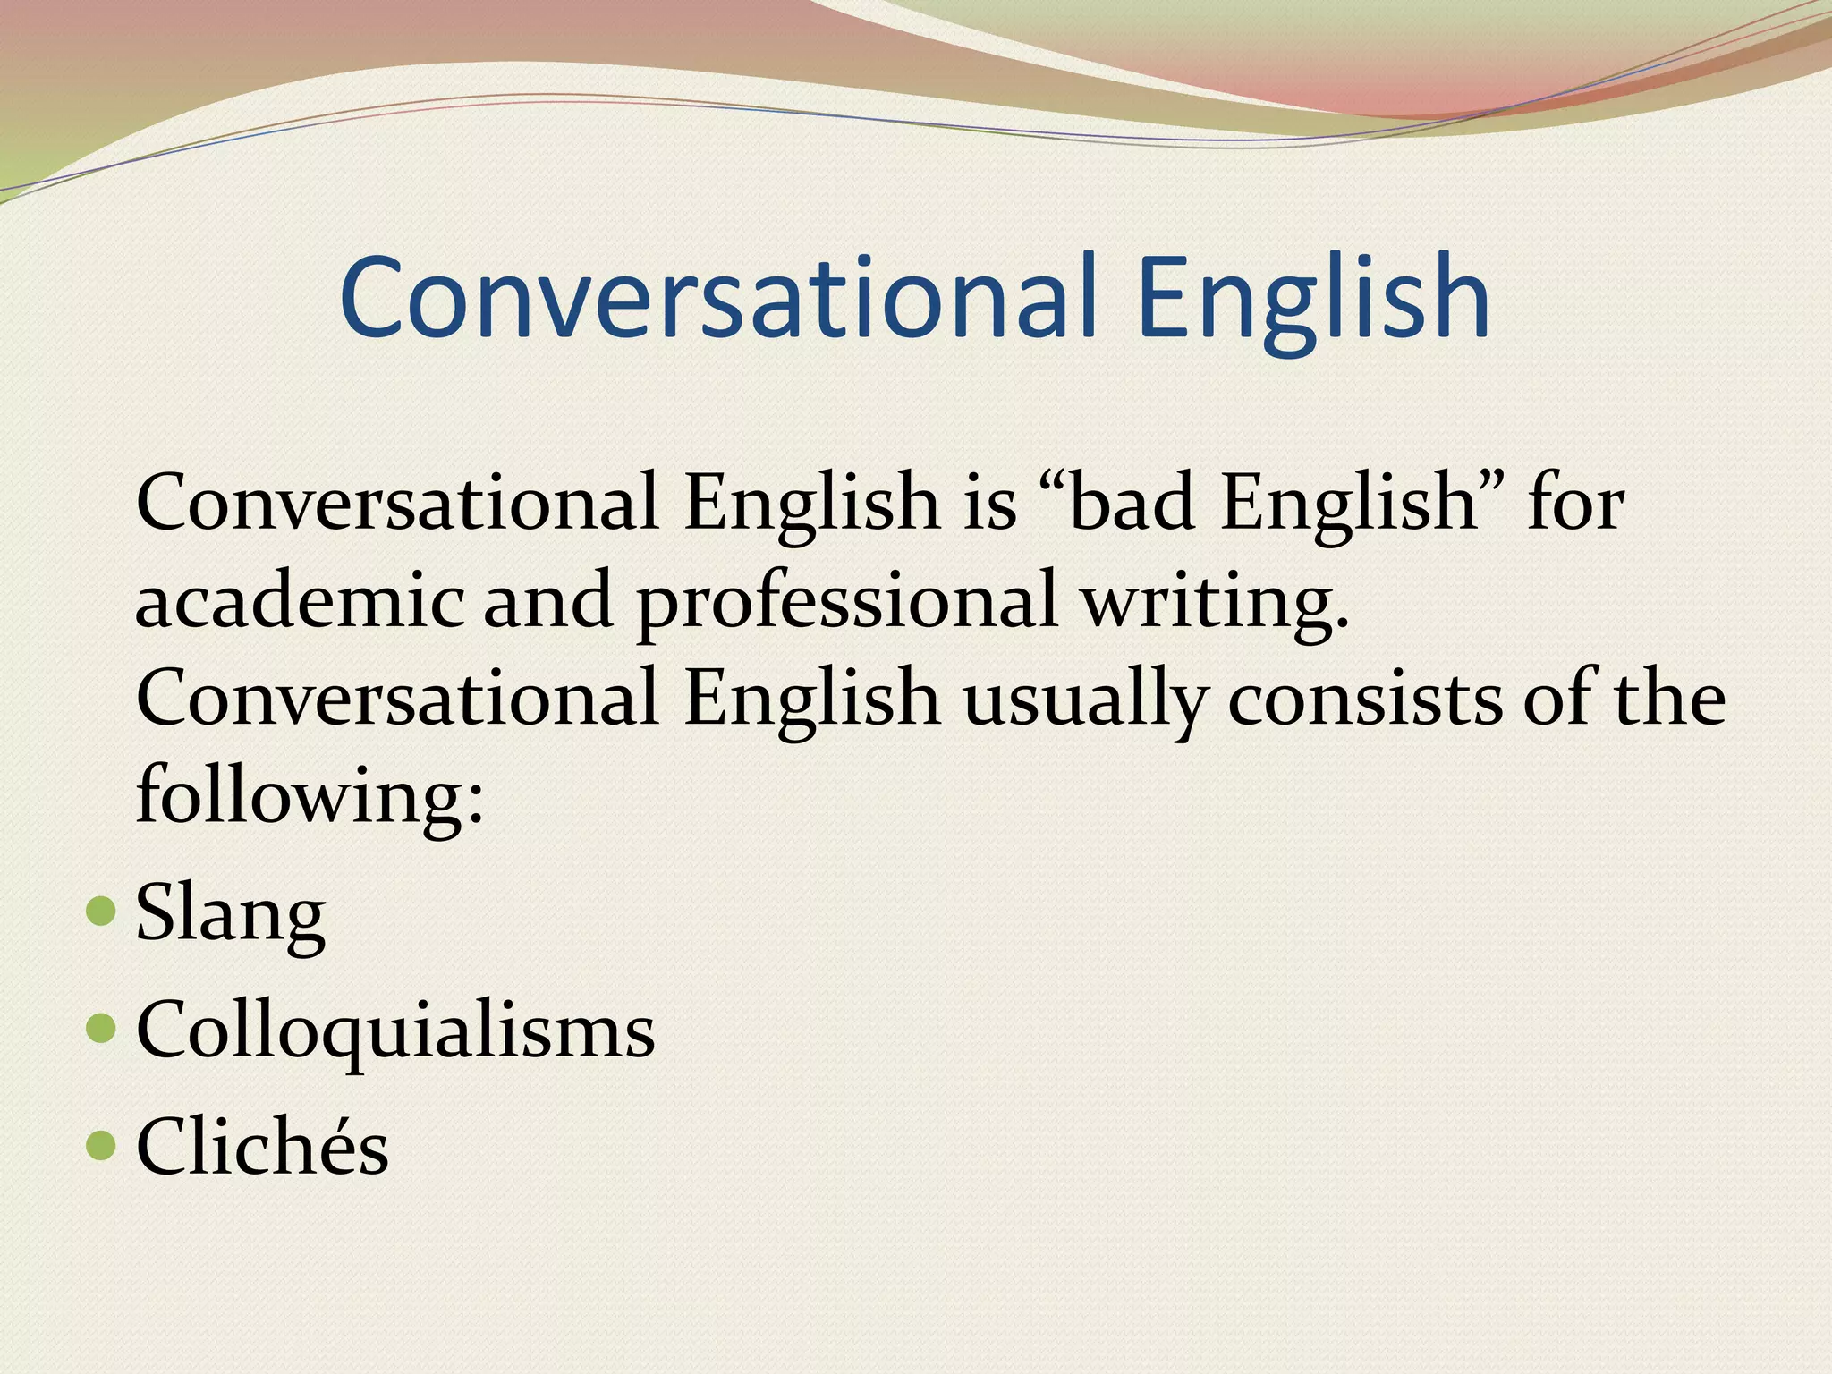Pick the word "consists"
point(1365,699)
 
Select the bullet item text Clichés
point(262,1147)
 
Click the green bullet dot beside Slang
point(102,912)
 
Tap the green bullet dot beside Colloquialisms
point(102,1028)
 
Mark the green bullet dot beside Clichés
point(102,1144)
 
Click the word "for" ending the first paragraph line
point(1574,503)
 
